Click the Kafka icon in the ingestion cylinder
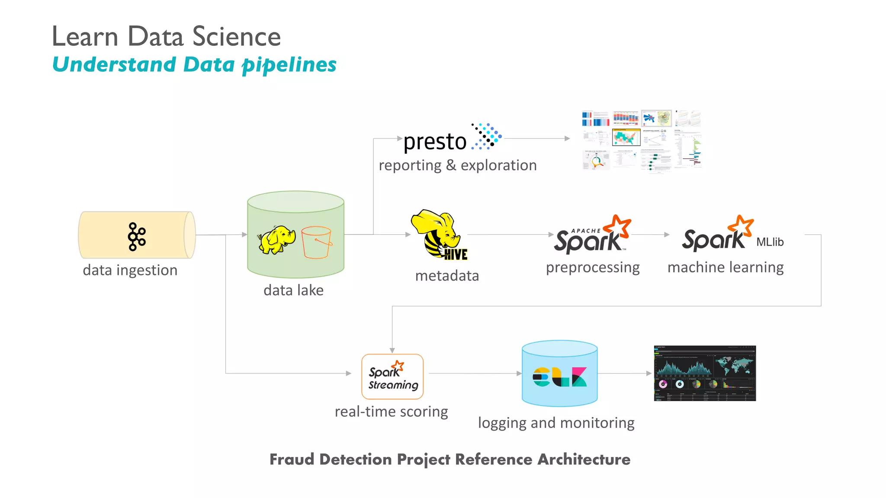click(x=137, y=236)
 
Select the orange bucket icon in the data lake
click(x=316, y=243)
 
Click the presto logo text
click(x=435, y=141)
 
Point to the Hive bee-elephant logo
click(x=438, y=235)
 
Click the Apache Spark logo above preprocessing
click(x=591, y=236)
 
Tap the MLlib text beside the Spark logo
click(x=770, y=242)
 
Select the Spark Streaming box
click(x=392, y=376)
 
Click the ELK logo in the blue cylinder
click(x=559, y=377)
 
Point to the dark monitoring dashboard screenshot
click(x=705, y=373)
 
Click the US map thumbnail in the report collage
click(x=626, y=137)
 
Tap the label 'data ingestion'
click(x=130, y=270)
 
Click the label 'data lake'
click(x=293, y=290)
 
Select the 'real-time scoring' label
click(x=391, y=412)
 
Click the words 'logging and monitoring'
click(x=556, y=423)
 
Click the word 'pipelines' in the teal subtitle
click(x=289, y=65)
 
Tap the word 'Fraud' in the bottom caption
click(x=292, y=459)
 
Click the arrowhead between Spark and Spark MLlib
click(x=667, y=235)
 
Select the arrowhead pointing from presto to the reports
click(x=567, y=138)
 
